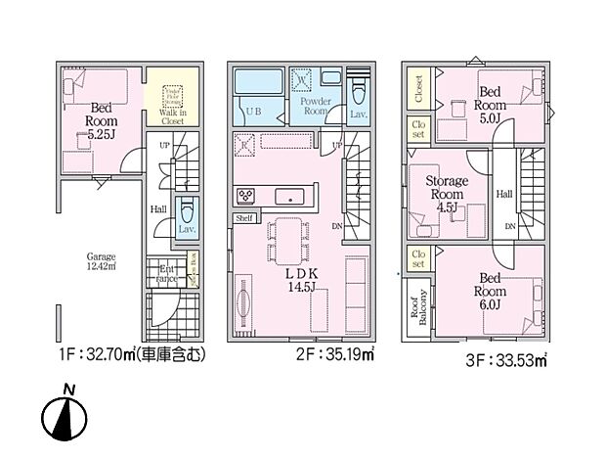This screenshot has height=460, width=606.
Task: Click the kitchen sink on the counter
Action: click(289, 196)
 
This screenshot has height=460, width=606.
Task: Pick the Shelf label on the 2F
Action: click(245, 218)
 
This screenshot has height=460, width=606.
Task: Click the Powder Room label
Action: click(315, 106)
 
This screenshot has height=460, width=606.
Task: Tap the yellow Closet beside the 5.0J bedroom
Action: click(418, 90)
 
